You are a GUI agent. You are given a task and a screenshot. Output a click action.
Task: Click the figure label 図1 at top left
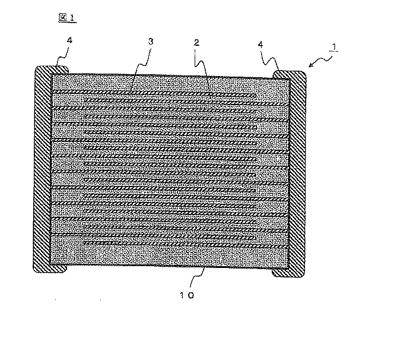pyautogui.click(x=67, y=18)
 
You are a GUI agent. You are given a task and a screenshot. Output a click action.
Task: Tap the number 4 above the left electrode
pyautogui.click(x=69, y=40)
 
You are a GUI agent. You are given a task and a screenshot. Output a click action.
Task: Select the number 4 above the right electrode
pyautogui.click(x=261, y=45)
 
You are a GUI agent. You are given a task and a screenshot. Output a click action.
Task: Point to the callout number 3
pyautogui.click(x=151, y=42)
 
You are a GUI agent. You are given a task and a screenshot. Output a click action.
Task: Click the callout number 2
pyautogui.click(x=197, y=43)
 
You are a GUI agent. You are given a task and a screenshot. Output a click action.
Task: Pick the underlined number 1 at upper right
pyautogui.click(x=334, y=48)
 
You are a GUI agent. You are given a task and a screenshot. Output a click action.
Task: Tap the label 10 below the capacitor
pyautogui.click(x=187, y=295)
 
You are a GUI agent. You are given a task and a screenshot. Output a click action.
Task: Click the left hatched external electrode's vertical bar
pyautogui.click(x=43, y=169)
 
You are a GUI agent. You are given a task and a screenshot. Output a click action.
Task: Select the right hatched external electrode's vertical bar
pyautogui.click(x=297, y=174)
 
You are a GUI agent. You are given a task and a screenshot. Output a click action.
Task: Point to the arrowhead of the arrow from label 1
pyautogui.click(x=310, y=66)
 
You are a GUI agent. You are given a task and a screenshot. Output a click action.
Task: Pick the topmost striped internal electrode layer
pyautogui.click(x=154, y=93)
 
